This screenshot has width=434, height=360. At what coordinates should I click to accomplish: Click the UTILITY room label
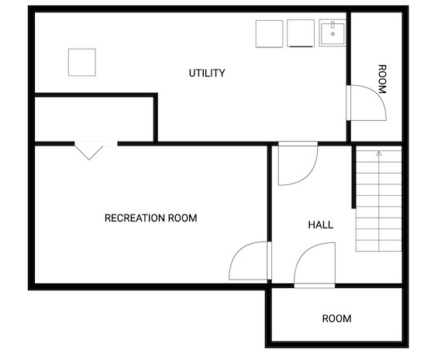pyautogui.click(x=207, y=73)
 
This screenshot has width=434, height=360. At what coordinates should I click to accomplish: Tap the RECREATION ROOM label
pyautogui.click(x=151, y=218)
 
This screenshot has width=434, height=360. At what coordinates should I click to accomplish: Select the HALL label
pyautogui.click(x=321, y=225)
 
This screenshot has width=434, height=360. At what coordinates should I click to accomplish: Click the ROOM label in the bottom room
pyautogui.click(x=336, y=318)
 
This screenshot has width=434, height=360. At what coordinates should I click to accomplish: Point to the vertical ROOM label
pyautogui.click(x=382, y=79)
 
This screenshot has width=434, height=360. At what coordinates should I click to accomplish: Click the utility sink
pyautogui.click(x=332, y=33)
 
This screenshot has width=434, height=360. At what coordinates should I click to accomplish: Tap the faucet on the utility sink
pyautogui.click(x=332, y=25)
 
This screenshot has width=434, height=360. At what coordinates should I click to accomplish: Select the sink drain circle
pyautogui.click(x=332, y=34)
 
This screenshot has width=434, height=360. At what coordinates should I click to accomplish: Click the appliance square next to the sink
pyautogui.click(x=301, y=33)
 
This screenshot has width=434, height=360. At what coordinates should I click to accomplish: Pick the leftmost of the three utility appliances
pyautogui.click(x=270, y=34)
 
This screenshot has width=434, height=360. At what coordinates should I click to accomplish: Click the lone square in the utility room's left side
pyautogui.click(x=82, y=62)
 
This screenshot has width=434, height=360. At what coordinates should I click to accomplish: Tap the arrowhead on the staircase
pyautogui.click(x=379, y=153)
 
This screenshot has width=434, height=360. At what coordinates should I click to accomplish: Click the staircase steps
pyautogui.click(x=379, y=198)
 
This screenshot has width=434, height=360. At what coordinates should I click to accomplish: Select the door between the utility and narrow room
pyautogui.click(x=367, y=103)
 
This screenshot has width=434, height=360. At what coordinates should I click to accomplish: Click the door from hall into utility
pyautogui.click(x=298, y=163)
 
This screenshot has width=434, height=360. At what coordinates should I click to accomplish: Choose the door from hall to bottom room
pyautogui.click(x=315, y=265)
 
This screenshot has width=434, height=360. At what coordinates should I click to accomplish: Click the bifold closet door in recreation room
pyautogui.click(x=89, y=150)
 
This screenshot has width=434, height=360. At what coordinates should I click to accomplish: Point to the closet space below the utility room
pyautogui.click(x=94, y=119)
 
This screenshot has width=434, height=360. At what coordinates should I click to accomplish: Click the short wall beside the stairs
pyautogui.click(x=353, y=177)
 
